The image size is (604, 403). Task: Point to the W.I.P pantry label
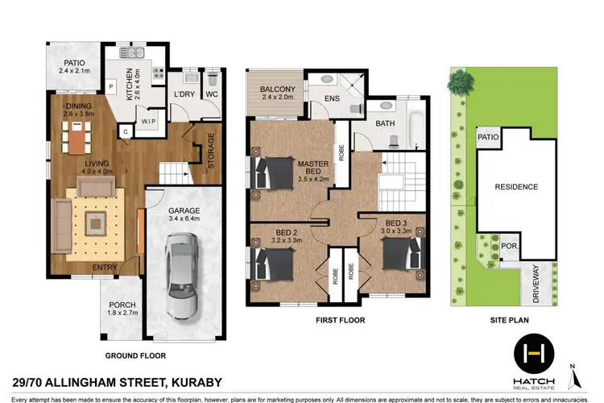[x=149, y=123]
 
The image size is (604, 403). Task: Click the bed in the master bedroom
[x=273, y=172]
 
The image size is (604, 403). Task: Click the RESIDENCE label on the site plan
[x=515, y=187]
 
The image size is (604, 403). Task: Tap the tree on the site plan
[x=459, y=81]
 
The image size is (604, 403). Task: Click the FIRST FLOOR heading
[x=341, y=321]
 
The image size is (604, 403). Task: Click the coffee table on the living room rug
[x=97, y=219]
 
